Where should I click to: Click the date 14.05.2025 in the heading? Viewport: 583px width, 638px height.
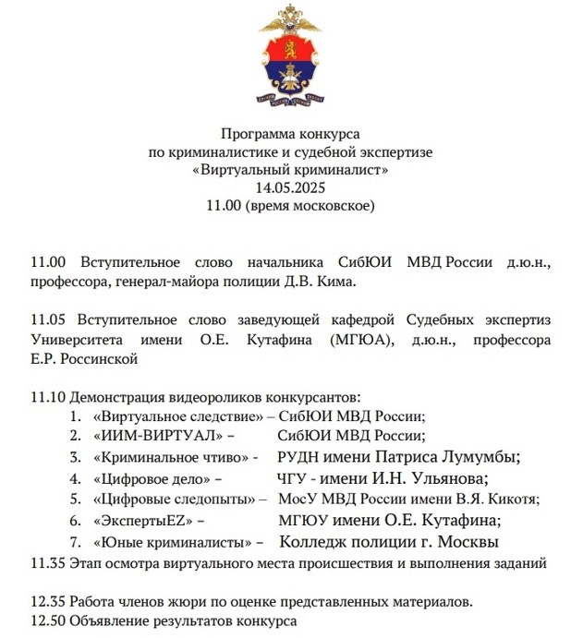[291, 187]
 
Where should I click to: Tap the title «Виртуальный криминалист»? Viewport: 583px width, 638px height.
[291, 171]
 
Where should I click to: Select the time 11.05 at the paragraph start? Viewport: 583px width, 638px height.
[48, 319]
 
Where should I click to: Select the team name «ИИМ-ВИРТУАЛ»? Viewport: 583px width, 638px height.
[152, 437]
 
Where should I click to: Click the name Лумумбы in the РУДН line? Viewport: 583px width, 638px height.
[474, 457]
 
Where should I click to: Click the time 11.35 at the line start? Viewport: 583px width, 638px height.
[48, 561]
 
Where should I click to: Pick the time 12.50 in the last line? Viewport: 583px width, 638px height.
[48, 620]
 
